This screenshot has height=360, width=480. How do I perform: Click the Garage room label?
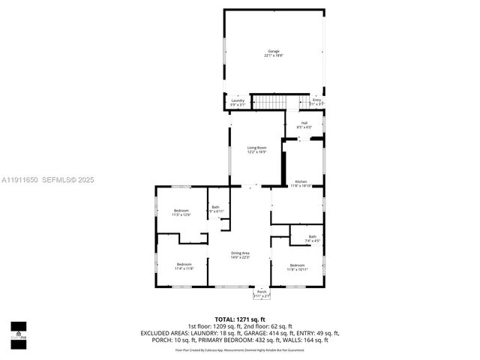[274, 51]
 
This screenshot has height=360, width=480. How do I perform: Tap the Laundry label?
[238, 100]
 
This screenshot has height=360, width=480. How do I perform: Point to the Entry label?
[316, 100]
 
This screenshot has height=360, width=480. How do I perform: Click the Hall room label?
[304, 123]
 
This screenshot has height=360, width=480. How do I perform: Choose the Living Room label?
[257, 148]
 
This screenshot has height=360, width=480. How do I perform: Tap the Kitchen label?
[301, 181]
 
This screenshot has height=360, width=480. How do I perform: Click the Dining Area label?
[240, 253]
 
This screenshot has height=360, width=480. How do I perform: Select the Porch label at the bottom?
[262, 292]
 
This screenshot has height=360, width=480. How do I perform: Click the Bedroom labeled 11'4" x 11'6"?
[184, 264]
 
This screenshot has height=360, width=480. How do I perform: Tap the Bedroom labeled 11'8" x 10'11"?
[298, 265]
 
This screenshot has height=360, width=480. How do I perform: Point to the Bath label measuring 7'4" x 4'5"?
[312, 237]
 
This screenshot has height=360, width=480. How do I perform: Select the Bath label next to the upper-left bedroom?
[215, 207]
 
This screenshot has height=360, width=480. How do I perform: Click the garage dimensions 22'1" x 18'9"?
[274, 55]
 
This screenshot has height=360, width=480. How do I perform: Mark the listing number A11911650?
[19, 180]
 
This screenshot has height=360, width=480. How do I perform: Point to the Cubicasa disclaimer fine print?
[240, 349]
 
